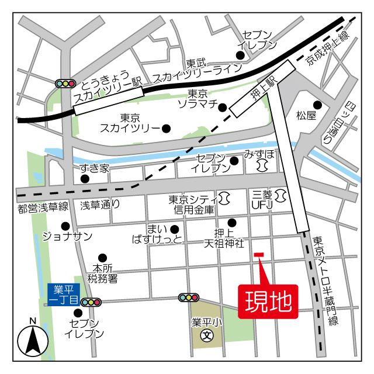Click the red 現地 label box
(x=268, y=302)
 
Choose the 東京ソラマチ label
(x=198, y=99)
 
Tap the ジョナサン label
(x=67, y=236)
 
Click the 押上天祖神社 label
(x=223, y=237)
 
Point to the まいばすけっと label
(x=157, y=234)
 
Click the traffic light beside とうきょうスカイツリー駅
(x=65, y=84)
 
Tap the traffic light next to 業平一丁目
(x=91, y=302)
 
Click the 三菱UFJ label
(x=262, y=199)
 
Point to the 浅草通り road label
(x=100, y=205)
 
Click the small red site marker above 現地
(x=259, y=254)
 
